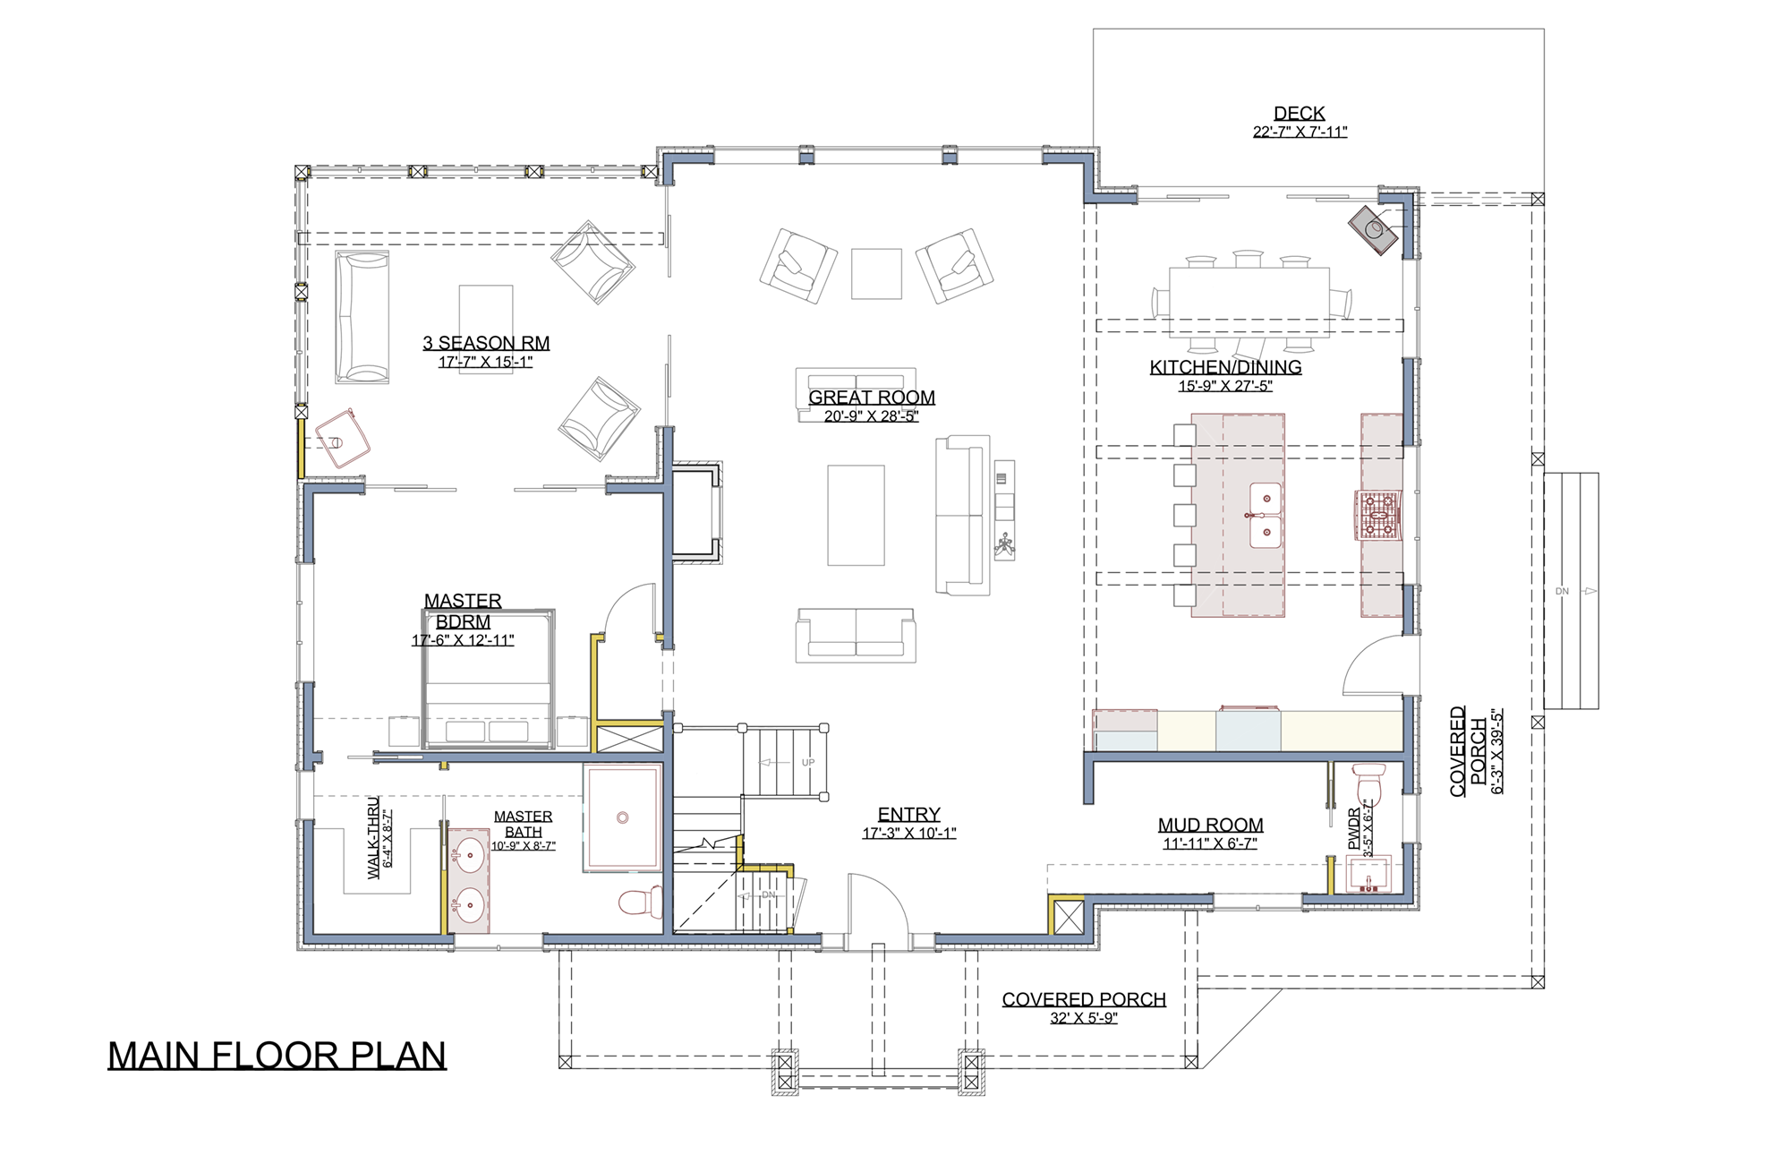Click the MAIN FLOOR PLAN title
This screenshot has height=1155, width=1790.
(277, 1056)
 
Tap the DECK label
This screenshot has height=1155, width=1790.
(1300, 113)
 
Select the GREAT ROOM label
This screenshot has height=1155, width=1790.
(872, 398)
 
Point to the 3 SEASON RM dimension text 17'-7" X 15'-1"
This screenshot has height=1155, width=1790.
(486, 362)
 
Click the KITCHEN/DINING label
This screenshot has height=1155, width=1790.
(1225, 367)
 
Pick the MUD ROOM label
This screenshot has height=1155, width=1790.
(1210, 825)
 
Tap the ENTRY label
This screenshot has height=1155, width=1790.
(908, 814)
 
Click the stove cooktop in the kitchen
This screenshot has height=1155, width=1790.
(1378, 517)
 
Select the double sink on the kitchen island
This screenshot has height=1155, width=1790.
(1266, 515)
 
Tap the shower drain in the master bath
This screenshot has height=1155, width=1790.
(623, 817)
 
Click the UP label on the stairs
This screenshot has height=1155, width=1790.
(808, 763)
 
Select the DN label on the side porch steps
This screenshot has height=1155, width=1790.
(1562, 592)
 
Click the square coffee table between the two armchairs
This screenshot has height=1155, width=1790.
(876, 274)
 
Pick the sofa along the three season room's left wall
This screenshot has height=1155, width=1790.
(362, 317)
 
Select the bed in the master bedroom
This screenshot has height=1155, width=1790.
(489, 679)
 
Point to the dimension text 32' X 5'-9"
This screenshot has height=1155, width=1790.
(1084, 1018)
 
